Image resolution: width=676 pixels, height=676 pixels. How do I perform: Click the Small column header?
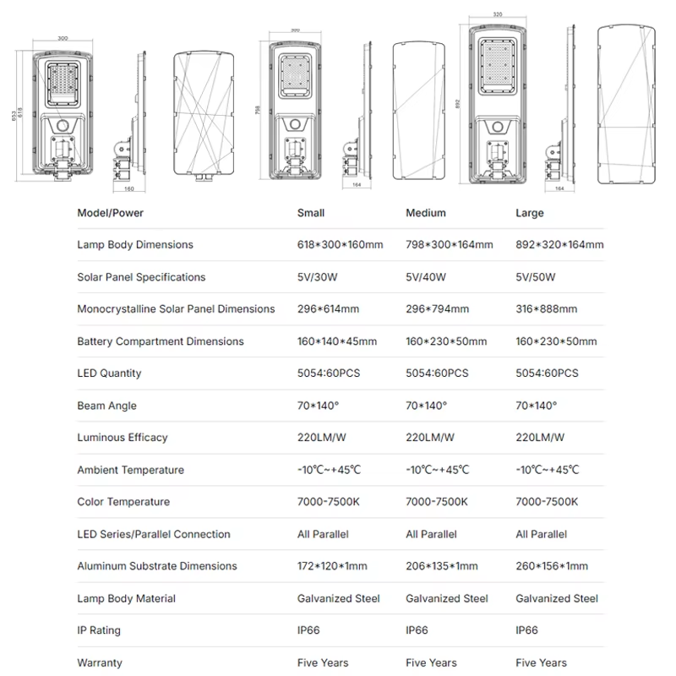311,213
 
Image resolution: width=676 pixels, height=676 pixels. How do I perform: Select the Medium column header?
426,213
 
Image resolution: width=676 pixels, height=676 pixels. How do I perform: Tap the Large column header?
530,214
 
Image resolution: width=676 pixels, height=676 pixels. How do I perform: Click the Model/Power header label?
111,213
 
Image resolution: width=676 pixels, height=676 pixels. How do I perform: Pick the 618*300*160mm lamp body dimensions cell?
341,245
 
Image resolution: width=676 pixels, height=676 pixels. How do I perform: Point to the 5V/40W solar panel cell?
426,277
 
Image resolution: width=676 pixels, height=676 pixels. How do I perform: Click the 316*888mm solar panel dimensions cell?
546,309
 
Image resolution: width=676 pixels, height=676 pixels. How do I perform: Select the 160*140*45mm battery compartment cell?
336,341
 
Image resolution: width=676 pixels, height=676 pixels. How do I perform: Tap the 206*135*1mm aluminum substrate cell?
441,566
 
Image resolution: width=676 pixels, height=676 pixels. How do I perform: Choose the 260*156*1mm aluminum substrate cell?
552,566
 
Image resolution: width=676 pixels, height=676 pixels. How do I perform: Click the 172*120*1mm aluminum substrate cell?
332,566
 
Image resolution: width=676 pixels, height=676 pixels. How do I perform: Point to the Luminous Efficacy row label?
123,438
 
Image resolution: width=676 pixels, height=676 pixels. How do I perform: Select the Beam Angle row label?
107,406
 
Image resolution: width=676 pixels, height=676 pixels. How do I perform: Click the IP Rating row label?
99,630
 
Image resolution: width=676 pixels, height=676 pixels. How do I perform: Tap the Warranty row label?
100,662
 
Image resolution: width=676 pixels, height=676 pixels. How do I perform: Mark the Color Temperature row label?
123,502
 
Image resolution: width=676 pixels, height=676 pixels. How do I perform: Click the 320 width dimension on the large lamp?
498,14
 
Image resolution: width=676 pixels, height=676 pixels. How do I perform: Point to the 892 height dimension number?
457,103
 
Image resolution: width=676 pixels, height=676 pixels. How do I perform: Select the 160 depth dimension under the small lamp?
129,188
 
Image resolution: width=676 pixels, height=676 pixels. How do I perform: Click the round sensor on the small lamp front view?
63,126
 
